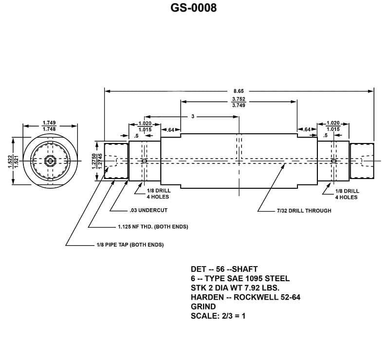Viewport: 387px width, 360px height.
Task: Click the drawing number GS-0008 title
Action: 193,8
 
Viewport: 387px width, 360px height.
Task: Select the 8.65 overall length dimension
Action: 239,91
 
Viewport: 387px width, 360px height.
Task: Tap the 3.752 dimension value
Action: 239,99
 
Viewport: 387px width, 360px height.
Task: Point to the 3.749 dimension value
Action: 239,105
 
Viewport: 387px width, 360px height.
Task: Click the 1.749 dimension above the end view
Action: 49,123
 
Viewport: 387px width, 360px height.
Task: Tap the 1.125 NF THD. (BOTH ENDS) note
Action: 153,227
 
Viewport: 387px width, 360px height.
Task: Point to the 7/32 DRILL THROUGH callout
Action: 304,211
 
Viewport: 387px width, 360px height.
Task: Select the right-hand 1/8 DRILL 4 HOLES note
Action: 347,194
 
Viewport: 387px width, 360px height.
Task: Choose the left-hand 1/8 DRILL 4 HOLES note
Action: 158,194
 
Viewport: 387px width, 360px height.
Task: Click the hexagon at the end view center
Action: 49,161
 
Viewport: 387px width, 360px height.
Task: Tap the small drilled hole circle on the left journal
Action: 144,161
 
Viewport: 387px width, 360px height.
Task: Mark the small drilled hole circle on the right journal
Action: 333,161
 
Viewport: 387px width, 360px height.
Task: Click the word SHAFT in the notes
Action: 246,269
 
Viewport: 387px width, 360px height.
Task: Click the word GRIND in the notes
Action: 203,306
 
